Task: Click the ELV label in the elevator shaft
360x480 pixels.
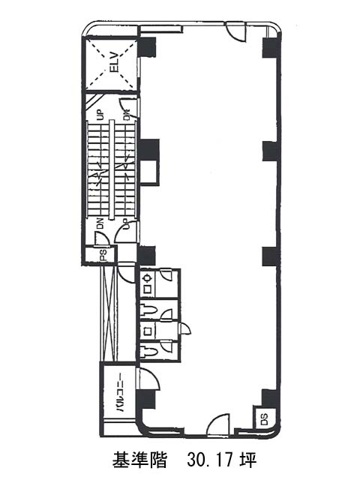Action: tap(114, 62)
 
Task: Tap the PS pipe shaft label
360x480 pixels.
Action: tap(103, 255)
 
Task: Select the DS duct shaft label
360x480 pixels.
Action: tap(265, 419)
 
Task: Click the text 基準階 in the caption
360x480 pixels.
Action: tap(139, 460)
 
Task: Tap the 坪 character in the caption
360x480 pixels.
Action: tap(248, 460)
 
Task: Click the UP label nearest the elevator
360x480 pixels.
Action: tap(100, 115)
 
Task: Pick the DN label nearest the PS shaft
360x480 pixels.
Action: tap(100, 223)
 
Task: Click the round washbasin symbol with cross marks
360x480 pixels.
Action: tap(148, 278)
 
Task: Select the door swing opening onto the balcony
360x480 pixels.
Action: tap(149, 379)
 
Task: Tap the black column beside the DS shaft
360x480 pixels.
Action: tap(270, 398)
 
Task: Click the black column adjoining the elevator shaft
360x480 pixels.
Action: tap(148, 46)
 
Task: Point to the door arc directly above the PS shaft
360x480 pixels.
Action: tap(101, 238)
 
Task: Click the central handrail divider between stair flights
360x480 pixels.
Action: tap(112, 169)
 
